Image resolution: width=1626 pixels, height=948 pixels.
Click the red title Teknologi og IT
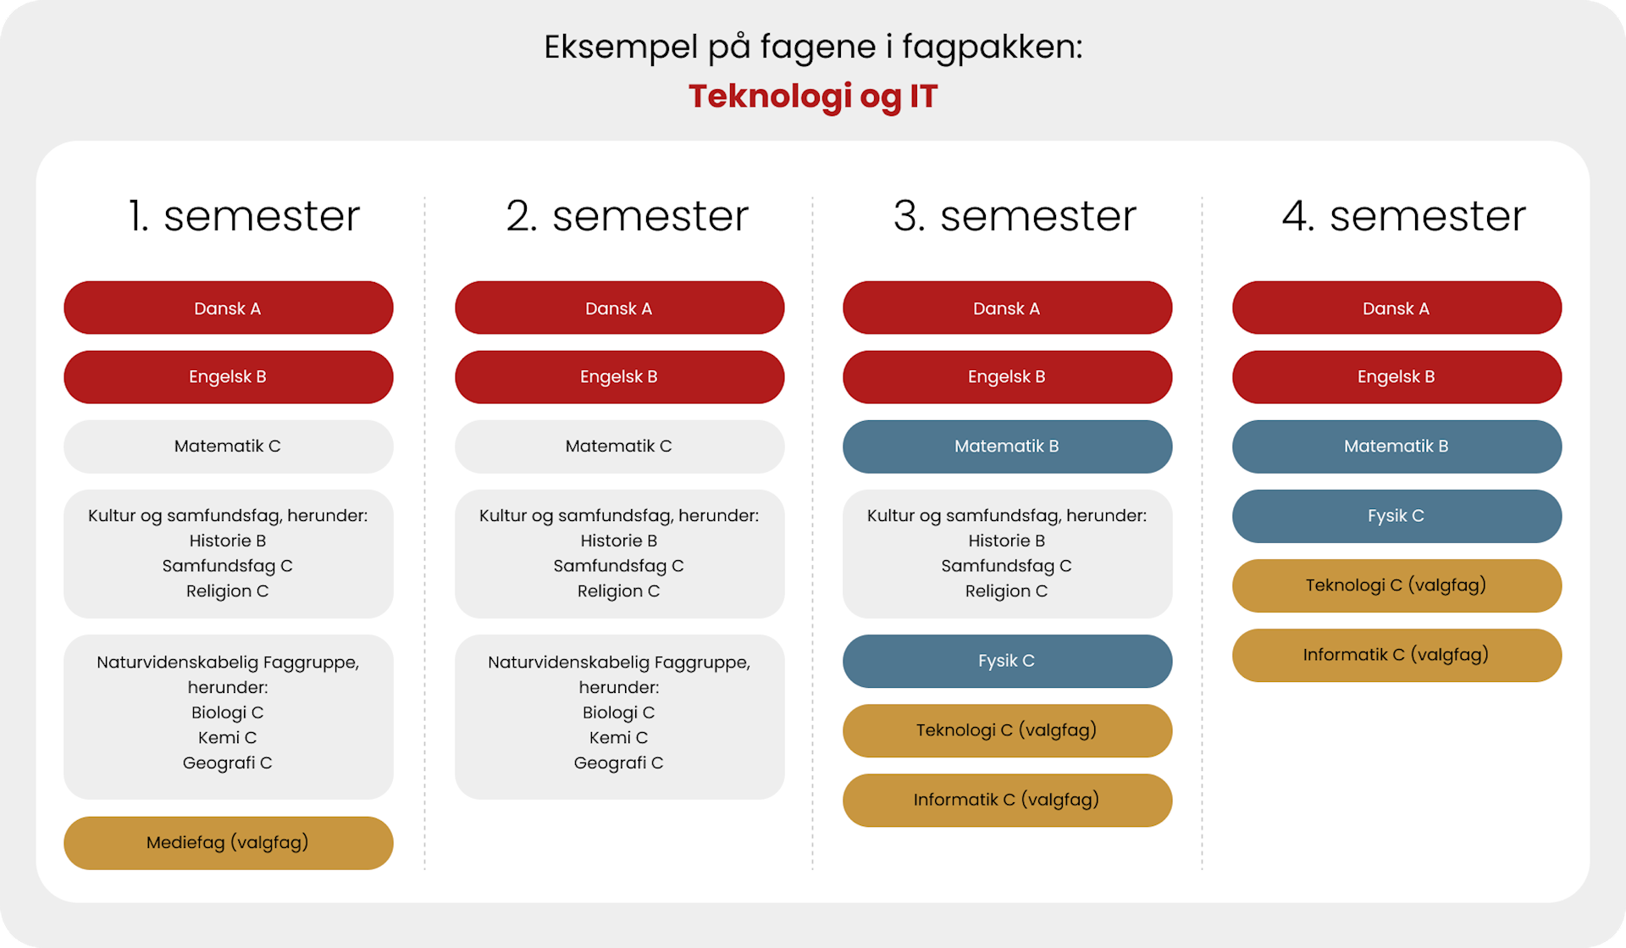point(813,97)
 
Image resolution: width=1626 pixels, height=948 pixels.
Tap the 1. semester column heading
point(244,216)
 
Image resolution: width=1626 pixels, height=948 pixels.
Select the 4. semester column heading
point(1404,216)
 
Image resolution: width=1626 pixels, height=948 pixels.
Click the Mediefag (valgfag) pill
point(229,843)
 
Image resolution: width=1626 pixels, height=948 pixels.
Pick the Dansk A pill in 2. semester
point(620,308)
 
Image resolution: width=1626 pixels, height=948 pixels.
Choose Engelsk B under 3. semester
point(1008,377)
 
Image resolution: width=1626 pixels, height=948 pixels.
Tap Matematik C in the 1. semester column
point(229,446)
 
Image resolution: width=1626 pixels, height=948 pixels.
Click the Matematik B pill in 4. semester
point(1397,446)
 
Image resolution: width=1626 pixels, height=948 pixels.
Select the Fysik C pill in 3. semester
point(1008,661)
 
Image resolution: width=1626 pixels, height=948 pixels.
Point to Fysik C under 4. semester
point(1397,516)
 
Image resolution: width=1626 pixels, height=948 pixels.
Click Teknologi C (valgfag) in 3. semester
point(1008,730)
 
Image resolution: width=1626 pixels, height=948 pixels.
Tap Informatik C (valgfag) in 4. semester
point(1397,655)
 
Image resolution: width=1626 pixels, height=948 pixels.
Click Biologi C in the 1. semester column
point(228,712)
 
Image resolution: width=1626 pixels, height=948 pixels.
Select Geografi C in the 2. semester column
point(619,763)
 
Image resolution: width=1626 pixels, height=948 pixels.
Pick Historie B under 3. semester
point(1007,541)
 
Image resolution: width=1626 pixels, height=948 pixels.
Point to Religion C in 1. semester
point(228,591)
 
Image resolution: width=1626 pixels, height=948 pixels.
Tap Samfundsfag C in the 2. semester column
point(619,566)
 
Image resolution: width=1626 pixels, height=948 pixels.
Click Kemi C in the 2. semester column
point(619,738)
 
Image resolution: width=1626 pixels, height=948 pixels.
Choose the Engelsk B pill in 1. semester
point(229,377)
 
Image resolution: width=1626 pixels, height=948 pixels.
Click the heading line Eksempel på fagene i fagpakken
point(813,47)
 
